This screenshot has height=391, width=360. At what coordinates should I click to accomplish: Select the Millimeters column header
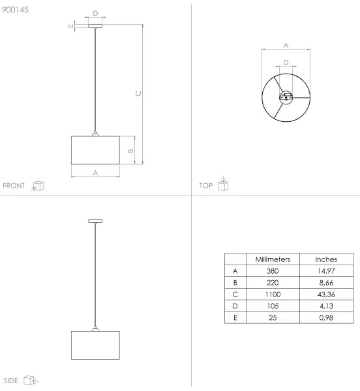coord(273,259)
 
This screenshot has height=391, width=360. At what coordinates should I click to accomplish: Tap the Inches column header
coord(325,259)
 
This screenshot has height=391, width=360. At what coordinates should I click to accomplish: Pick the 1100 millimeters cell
coord(273,294)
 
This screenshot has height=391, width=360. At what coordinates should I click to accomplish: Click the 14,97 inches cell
coord(325,270)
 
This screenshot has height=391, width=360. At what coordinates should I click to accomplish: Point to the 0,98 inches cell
coord(325,317)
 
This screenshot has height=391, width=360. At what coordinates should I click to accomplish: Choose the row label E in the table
coord(235,317)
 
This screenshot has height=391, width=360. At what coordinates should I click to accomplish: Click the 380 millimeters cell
coord(273,270)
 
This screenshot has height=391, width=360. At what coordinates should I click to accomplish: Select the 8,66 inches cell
coord(325,282)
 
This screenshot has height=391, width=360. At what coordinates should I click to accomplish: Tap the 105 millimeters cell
coord(273,306)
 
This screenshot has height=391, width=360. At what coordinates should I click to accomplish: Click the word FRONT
coord(14,186)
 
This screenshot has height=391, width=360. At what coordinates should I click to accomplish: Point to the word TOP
coord(205,186)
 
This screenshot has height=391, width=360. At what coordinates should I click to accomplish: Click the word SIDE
coord(11,379)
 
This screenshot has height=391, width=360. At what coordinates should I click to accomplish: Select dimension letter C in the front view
coord(138,94)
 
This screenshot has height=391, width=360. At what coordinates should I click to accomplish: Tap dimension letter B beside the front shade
coord(130,151)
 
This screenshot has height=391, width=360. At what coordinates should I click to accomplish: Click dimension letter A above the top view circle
coord(286,45)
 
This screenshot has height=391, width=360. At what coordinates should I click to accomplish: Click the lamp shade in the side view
coord(96,345)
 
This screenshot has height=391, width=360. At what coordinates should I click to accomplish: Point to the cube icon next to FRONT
coord(38,186)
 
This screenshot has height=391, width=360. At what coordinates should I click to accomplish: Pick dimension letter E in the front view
coord(70,25)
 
